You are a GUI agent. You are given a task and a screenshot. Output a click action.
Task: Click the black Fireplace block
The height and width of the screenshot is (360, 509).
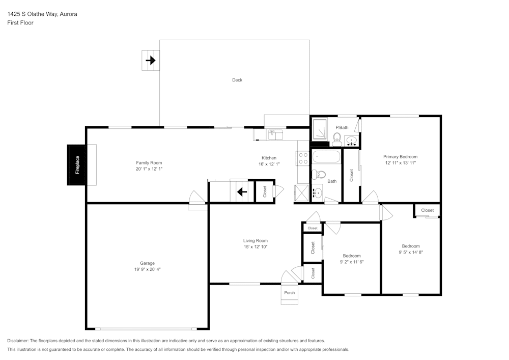coord(77,165)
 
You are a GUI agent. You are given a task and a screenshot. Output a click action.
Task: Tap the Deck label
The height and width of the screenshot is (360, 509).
coord(237,80)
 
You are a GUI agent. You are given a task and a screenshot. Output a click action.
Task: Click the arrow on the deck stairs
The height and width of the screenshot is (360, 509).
coord(151,61)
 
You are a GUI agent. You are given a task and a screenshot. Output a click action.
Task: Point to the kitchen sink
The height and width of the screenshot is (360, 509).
coord(275,134)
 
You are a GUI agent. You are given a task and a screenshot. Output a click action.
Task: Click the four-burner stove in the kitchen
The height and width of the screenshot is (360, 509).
coord(303,158)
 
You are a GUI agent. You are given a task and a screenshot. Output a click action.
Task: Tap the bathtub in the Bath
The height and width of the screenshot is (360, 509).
coord(326,156)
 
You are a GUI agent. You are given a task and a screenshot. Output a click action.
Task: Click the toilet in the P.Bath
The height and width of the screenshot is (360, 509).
coord(336,138)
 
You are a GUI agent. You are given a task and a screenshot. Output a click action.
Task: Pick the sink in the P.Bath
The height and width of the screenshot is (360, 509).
coord(351,141)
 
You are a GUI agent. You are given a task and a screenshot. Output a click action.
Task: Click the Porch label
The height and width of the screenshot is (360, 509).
coord(289,293)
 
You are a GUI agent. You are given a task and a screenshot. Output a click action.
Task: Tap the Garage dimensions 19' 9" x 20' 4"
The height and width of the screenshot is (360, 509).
coord(147,269)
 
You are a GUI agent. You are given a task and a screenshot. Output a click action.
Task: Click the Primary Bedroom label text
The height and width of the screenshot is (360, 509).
coord(400,157)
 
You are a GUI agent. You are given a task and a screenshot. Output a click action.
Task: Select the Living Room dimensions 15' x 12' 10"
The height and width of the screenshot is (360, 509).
coord(255,246)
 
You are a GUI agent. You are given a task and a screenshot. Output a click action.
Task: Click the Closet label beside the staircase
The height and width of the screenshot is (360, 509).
coord(265,191)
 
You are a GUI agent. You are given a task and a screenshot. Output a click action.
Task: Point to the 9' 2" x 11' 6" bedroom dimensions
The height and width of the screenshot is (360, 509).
coord(351,262)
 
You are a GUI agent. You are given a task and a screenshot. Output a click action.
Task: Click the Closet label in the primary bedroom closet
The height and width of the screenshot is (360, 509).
coord(351,175)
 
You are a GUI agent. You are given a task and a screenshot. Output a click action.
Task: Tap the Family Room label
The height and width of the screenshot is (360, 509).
coord(149,163)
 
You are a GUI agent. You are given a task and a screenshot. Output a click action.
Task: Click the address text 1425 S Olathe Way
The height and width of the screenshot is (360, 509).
coord(32,14)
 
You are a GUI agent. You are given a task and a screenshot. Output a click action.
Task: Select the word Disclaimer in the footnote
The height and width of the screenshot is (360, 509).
coord(18,341)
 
